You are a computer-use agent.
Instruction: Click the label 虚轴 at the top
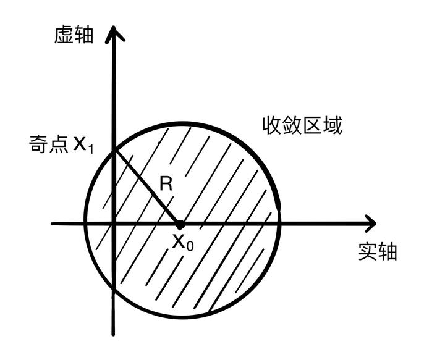[x=74, y=35]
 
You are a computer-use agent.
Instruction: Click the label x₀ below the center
[x=183, y=241]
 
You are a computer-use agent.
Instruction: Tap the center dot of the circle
[x=180, y=224]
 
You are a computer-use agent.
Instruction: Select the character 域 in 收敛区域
[x=333, y=126]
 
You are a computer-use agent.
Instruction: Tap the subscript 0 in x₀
[x=190, y=246]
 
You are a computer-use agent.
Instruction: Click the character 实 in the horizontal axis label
[x=367, y=252]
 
